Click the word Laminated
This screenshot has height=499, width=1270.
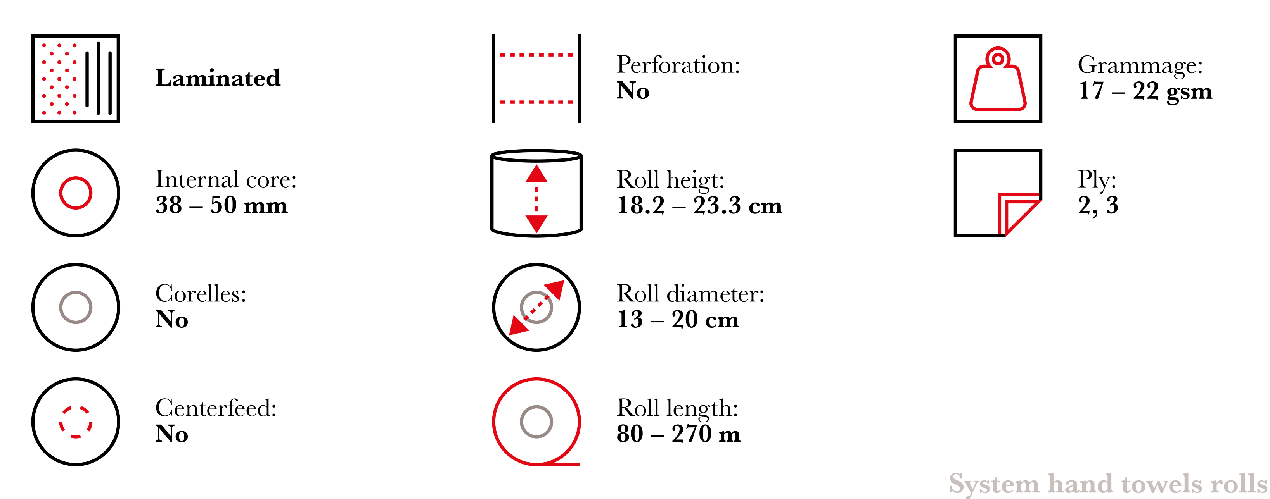click(x=218, y=78)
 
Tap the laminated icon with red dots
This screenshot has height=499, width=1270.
click(x=75, y=78)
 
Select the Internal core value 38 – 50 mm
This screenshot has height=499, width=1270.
click(x=221, y=205)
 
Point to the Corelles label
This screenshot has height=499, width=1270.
click(x=201, y=294)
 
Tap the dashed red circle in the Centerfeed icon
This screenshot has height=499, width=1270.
click(x=75, y=406)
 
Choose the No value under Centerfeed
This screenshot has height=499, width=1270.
click(x=171, y=434)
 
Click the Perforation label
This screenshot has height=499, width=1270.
click(x=678, y=65)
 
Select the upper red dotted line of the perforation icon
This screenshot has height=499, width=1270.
click(x=536, y=55)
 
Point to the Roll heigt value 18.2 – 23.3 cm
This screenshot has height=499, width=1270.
click(x=699, y=205)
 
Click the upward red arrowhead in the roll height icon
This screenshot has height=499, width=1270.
click(x=536, y=174)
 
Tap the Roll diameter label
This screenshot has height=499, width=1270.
click(x=690, y=294)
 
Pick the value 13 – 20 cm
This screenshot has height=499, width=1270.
click(x=678, y=319)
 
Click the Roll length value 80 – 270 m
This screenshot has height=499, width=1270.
click(x=678, y=434)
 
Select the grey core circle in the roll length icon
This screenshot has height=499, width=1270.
click(x=536, y=406)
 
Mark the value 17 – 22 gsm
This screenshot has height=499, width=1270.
click(x=1145, y=91)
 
